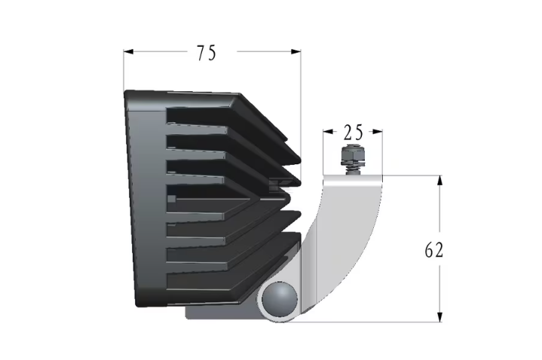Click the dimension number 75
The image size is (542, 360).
click(207, 53)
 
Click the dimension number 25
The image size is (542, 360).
click(354, 132)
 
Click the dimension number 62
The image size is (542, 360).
click(433, 250)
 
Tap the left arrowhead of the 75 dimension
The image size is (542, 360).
click(128, 52)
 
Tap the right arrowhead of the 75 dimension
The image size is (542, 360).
click(296, 52)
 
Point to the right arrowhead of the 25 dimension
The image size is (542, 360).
click(378, 132)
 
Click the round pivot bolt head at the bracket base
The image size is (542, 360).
click(280, 299)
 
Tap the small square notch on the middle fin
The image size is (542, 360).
click(171, 199)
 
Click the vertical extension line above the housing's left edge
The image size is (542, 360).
click(124, 70)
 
